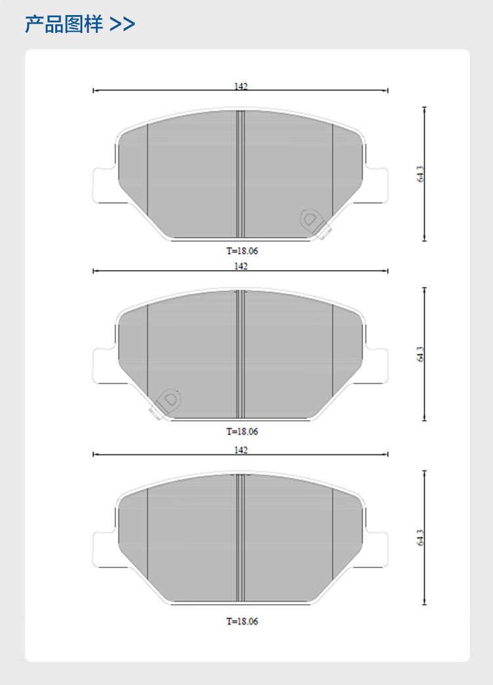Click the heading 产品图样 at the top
[64, 24]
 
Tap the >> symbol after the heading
[122, 24]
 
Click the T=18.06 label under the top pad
[242, 250]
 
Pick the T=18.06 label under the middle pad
[242, 431]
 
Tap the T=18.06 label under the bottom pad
[242, 621]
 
